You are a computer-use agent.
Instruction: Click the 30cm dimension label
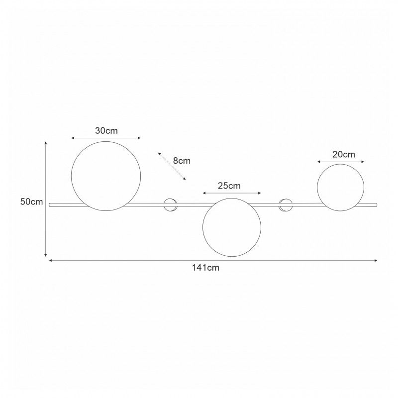tap(106, 131)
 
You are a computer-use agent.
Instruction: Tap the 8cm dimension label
tap(182, 161)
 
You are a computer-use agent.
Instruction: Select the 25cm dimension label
tap(229, 186)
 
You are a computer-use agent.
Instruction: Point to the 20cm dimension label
tap(344, 154)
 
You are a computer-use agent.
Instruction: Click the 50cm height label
tap(31, 202)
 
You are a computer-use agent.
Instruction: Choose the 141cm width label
tap(205, 268)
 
